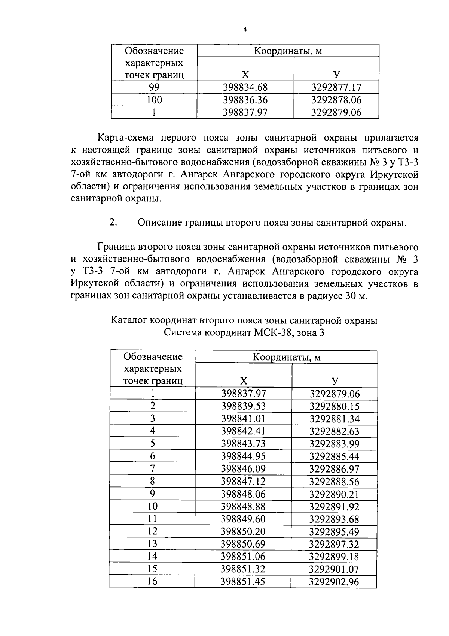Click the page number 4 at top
point(245,30)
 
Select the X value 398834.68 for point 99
point(245,88)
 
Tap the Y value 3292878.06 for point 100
point(336,100)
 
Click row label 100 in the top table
point(154,100)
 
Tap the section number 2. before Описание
point(113,223)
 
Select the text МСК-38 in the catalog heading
point(275,333)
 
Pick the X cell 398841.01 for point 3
point(243,419)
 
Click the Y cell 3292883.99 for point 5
point(334,444)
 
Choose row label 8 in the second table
point(152,481)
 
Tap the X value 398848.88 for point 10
point(243,507)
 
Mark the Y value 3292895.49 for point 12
point(334,532)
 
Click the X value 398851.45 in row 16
point(243,582)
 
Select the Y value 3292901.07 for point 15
point(334,570)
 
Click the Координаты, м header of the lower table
point(287,357)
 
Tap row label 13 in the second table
point(152,544)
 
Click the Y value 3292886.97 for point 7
point(334,469)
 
